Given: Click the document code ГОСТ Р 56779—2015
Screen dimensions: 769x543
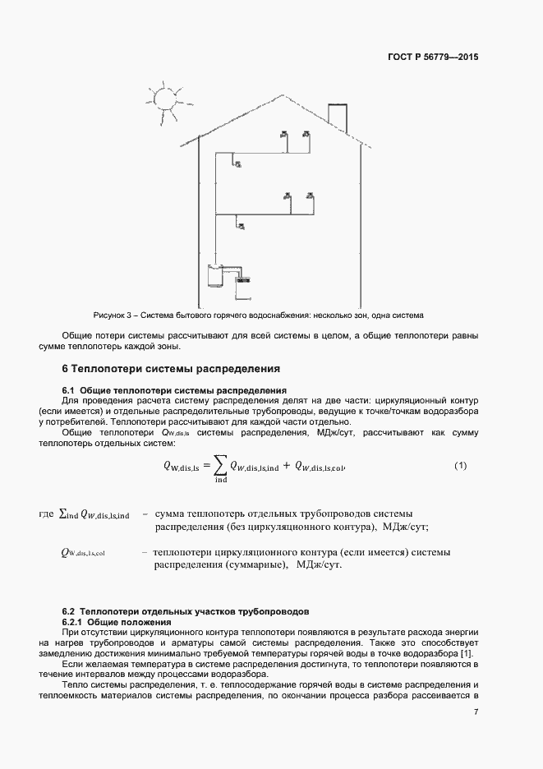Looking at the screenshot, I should (x=433, y=58).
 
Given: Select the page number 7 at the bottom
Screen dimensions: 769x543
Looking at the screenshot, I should (x=476, y=711).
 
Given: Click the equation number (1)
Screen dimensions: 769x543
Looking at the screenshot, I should (x=460, y=466).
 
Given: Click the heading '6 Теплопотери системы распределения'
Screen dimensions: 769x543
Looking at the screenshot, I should (x=172, y=368).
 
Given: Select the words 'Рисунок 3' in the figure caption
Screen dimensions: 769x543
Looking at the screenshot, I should (x=113, y=315).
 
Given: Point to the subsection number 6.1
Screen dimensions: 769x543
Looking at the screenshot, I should (x=69, y=389).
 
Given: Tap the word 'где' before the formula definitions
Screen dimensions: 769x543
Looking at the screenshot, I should (x=47, y=514).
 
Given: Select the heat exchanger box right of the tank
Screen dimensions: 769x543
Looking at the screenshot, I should (x=243, y=279).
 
